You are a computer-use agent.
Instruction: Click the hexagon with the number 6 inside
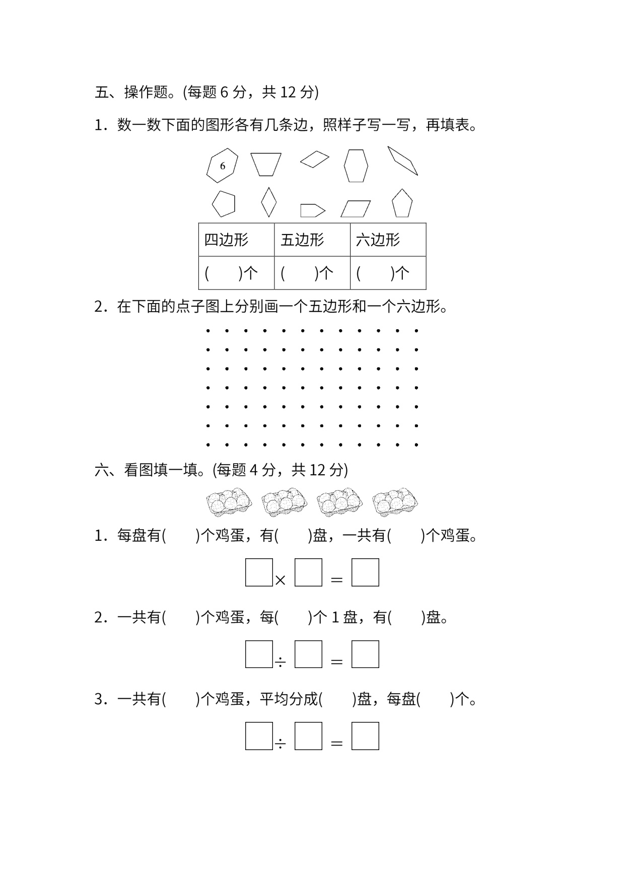222,165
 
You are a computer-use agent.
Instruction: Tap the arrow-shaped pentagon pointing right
312,210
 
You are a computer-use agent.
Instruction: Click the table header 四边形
226,240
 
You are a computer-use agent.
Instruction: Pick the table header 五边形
302,240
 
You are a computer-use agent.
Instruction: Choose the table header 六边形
378,240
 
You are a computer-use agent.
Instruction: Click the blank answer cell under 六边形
388,273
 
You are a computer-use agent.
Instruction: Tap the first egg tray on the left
229,502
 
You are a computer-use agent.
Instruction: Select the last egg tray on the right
395,502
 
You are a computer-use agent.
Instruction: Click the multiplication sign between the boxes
281,580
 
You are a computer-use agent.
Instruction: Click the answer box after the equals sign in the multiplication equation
365,572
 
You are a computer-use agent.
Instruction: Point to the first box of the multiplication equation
259,572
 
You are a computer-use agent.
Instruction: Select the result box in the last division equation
365,736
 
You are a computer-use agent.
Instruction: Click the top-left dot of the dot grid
208,331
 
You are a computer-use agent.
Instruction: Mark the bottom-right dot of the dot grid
416,445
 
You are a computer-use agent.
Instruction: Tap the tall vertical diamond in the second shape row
269,202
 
